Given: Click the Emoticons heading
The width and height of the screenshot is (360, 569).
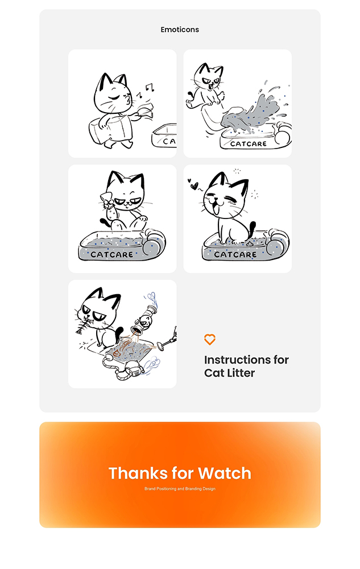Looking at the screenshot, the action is [x=180, y=30].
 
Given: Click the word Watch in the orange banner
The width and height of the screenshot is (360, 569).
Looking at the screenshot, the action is [x=225, y=473].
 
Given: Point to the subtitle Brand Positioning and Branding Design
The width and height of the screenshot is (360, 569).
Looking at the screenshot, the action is [x=180, y=489].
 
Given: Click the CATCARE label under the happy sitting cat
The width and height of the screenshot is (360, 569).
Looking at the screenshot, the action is [x=235, y=254].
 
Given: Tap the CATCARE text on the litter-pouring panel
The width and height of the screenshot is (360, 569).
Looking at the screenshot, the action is [x=249, y=144].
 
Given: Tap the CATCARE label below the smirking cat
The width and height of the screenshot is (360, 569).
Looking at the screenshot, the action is [x=111, y=254].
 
